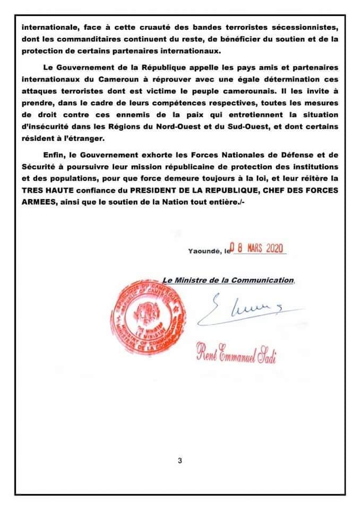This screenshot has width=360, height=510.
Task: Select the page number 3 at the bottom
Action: (x=181, y=461)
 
